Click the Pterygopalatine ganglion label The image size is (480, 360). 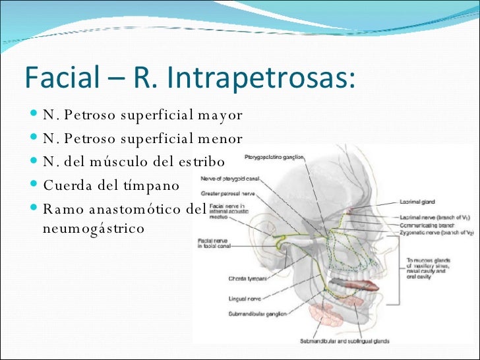[274, 158]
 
